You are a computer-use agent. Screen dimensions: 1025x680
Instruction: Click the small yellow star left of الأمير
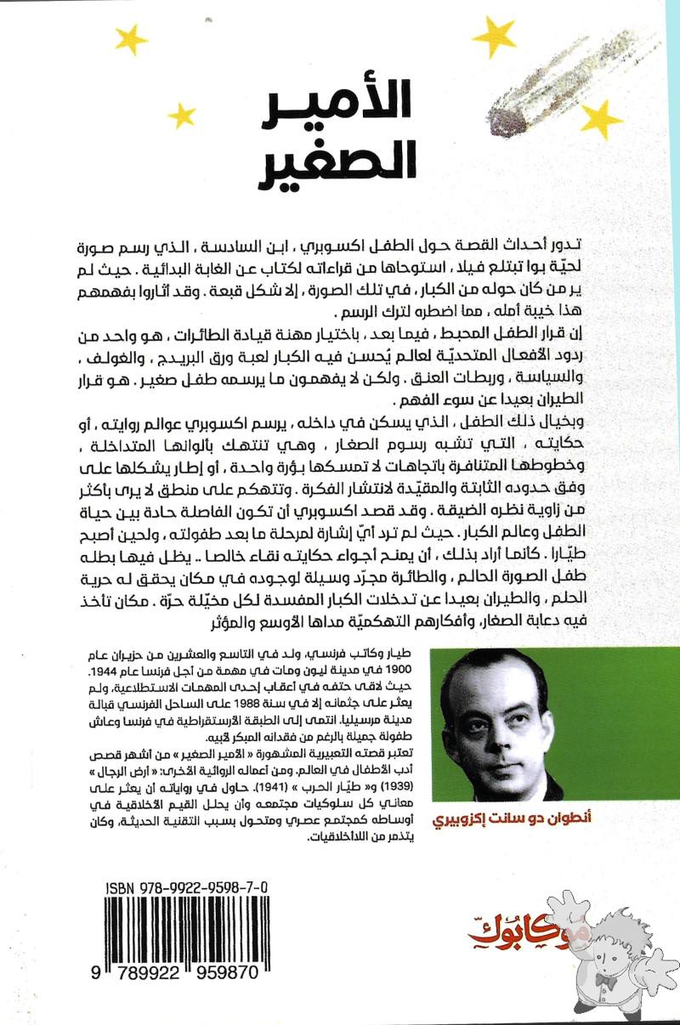coord(181,115)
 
